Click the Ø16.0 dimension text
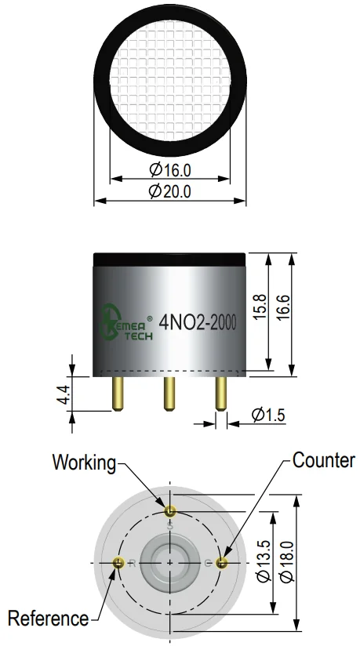click(x=170, y=169)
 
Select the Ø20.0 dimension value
click(x=170, y=191)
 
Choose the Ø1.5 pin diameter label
click(x=268, y=415)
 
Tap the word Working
click(x=84, y=463)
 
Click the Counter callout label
click(x=324, y=460)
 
